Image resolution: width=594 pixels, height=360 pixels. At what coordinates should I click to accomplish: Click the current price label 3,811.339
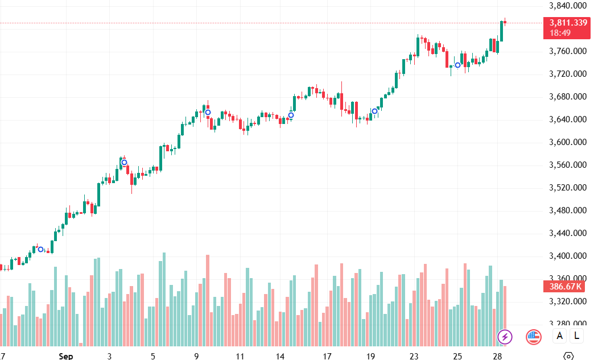tap(568, 23)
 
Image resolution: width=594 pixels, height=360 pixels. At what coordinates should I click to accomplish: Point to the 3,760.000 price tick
tap(568, 51)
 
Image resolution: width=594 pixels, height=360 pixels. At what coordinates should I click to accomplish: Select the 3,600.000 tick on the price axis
tap(568, 142)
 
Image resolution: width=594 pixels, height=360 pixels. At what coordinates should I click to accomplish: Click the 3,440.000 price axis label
tap(568, 233)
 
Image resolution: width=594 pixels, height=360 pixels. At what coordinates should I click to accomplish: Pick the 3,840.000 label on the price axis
tap(568, 6)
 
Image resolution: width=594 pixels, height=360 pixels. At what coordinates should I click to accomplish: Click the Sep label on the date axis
tap(66, 356)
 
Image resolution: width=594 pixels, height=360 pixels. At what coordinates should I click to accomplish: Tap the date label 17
tap(327, 356)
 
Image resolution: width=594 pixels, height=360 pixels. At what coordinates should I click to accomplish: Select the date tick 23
tap(414, 356)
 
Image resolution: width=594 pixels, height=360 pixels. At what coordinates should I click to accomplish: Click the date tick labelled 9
tap(196, 356)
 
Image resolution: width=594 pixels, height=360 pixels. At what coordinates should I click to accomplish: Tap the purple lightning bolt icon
tap(505, 337)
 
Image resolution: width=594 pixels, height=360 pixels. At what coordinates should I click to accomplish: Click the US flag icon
tap(533, 337)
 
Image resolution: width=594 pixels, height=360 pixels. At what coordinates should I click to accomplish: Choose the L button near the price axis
tap(577, 336)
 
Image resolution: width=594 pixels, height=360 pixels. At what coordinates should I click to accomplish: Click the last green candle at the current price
tap(502, 31)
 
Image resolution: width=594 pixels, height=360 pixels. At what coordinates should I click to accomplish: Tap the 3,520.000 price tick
tap(568, 188)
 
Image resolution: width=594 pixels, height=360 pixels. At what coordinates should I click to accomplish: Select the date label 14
tap(280, 356)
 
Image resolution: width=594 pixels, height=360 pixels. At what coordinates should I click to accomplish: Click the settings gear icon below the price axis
tap(568, 356)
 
